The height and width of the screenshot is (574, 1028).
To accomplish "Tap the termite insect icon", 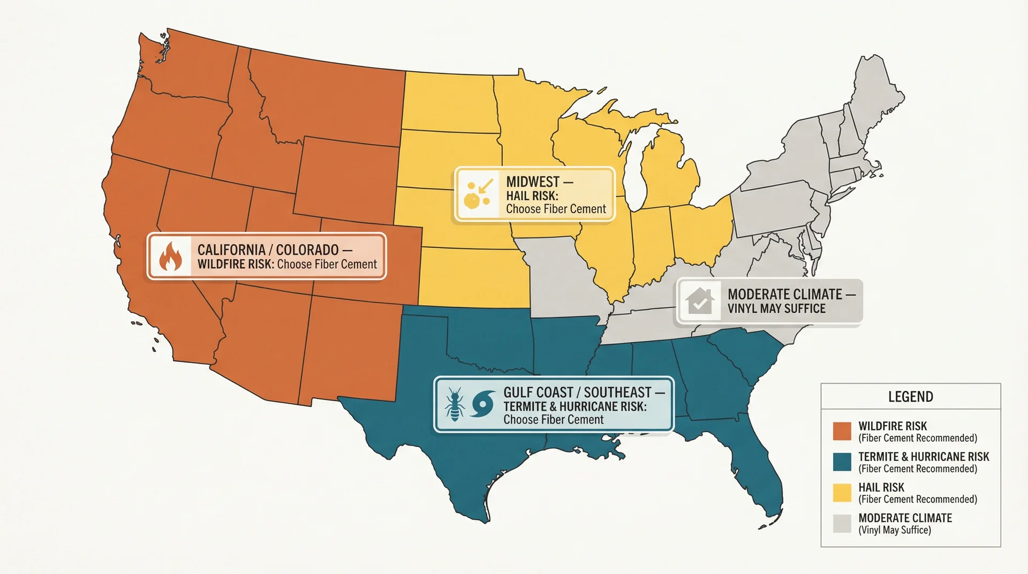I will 455,404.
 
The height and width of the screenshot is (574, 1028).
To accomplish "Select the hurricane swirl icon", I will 482,404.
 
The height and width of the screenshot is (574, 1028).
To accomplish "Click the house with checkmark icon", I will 699,301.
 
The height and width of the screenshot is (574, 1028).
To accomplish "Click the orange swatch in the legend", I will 842,432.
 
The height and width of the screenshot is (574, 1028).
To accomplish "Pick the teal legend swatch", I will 842,462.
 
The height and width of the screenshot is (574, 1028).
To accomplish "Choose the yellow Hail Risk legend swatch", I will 842,493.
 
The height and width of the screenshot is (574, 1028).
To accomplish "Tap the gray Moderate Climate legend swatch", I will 842,523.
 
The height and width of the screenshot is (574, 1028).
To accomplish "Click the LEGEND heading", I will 910,397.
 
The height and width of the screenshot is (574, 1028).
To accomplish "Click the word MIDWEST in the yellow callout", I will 533,182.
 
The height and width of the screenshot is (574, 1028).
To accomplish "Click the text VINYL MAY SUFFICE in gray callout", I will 776,308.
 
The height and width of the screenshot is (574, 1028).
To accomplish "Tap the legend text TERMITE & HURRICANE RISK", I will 924,457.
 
